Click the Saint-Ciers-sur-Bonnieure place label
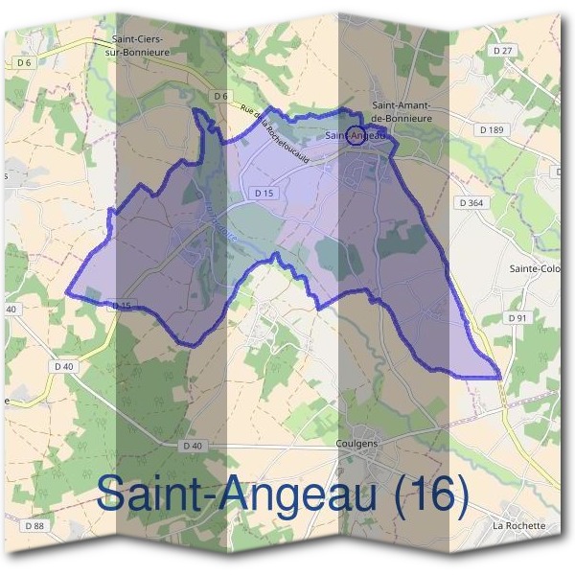(137, 45)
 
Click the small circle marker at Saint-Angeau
(356, 134)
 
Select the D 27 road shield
(504, 51)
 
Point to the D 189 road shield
(490, 129)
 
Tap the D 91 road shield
(517, 317)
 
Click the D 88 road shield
(34, 526)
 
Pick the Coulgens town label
(359, 444)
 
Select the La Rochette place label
(517, 526)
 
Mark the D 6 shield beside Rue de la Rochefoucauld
(220, 96)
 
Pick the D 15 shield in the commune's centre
(265, 193)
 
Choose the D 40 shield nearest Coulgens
(193, 446)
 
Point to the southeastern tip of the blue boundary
(499, 376)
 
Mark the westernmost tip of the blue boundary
(67, 292)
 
